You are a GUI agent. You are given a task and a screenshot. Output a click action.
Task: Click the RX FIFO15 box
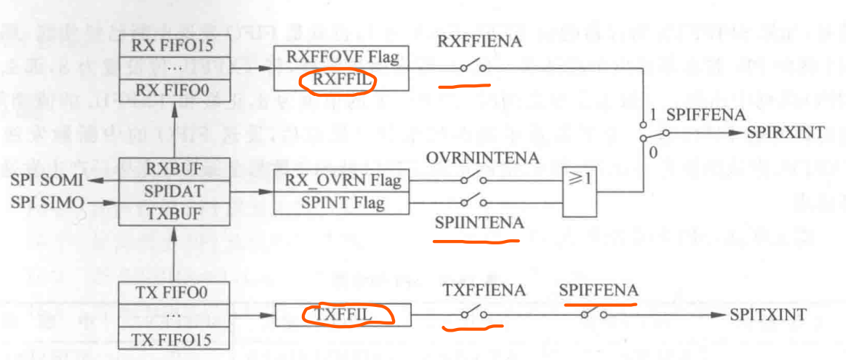pyautogui.click(x=174, y=45)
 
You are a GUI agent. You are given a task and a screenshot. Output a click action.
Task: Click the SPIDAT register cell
pyautogui.click(x=174, y=192)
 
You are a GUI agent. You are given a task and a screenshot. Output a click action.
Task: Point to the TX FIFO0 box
pyautogui.click(x=174, y=292)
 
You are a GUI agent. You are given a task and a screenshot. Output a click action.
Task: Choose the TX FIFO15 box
pyautogui.click(x=174, y=338)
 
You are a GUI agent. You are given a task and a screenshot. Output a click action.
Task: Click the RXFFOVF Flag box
pyautogui.click(x=341, y=56)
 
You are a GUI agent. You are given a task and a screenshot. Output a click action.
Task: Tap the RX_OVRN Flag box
pyautogui.click(x=340, y=180)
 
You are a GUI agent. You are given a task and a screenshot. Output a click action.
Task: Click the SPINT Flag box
pyautogui.click(x=340, y=203)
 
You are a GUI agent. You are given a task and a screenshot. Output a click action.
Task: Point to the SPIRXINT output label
pyautogui.click(x=786, y=133)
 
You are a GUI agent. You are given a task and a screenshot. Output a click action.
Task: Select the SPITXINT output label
pyautogui.click(x=768, y=315)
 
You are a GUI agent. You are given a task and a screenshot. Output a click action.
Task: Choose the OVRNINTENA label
pyautogui.click(x=483, y=158)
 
